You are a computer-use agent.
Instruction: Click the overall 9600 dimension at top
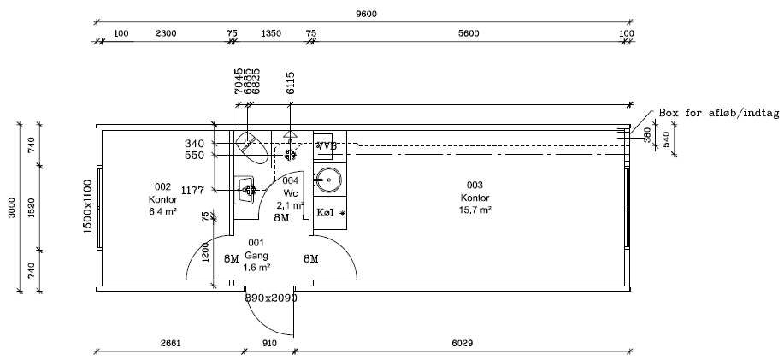(366, 13)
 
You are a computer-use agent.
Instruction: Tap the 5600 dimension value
(468, 33)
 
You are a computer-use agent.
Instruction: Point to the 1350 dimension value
(271, 33)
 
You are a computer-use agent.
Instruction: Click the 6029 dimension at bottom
(463, 344)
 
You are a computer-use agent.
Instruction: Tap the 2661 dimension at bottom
(169, 344)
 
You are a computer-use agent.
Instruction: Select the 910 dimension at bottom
(269, 344)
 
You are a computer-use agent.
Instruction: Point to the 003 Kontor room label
(475, 197)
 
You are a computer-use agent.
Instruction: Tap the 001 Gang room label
(256, 254)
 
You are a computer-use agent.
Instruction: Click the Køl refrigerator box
(330, 211)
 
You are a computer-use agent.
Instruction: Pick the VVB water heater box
(325, 146)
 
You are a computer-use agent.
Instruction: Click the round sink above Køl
(328, 179)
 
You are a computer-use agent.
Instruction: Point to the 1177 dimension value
(192, 190)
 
